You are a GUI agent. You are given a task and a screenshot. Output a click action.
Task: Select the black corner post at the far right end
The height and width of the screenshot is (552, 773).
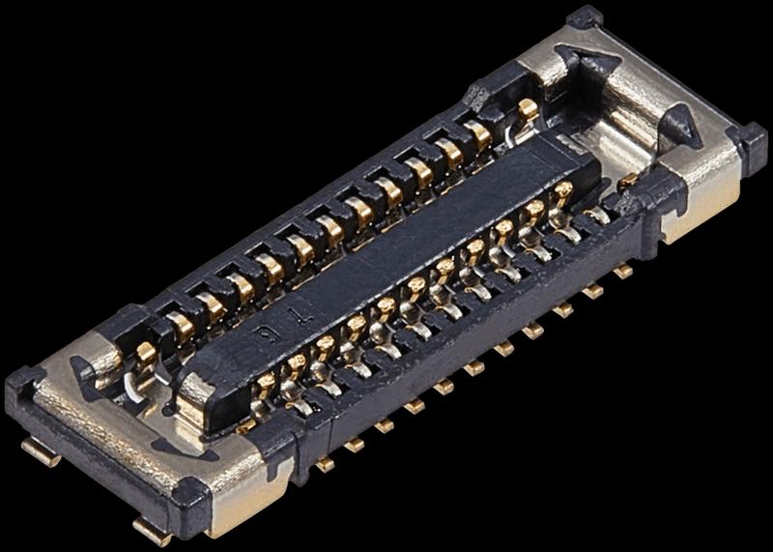click(x=747, y=141)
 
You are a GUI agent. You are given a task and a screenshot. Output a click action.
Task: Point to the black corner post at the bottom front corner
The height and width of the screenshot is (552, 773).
click(x=190, y=500)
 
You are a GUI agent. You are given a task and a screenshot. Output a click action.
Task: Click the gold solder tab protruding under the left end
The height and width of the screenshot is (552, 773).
click(x=41, y=450)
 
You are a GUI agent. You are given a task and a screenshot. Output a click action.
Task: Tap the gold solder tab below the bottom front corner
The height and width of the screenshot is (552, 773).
click(x=152, y=529)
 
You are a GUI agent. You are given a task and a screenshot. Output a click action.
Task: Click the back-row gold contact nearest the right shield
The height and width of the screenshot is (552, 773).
click(x=528, y=111)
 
